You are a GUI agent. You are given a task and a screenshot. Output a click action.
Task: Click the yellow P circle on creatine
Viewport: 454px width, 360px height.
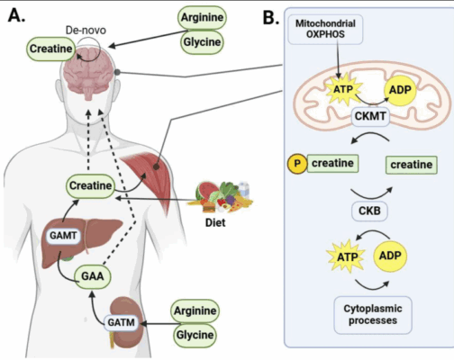(295, 164)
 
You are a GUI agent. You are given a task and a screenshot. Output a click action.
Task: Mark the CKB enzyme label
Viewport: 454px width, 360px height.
(371, 213)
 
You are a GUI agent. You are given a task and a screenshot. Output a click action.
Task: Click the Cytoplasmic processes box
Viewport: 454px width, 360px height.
(372, 313)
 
